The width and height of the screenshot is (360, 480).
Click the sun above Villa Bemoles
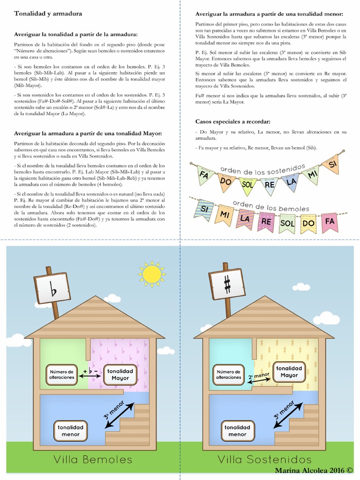point(151,274)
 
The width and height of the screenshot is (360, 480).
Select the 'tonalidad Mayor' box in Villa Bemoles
point(120,375)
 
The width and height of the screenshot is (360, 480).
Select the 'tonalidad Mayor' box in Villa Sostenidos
point(289,371)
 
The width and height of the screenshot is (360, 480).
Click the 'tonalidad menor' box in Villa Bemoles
point(71,431)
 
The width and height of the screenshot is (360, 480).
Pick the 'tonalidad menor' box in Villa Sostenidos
point(238,431)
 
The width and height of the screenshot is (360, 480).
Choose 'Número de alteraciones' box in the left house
point(61,375)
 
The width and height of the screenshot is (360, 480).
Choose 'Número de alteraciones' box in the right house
point(229,375)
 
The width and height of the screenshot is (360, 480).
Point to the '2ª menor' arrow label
point(259,376)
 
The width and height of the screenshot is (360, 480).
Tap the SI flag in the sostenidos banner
point(332,165)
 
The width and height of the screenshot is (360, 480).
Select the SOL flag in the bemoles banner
point(287,223)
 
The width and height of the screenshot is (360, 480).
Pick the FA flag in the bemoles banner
point(330,222)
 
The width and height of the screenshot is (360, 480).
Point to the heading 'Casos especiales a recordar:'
point(232,121)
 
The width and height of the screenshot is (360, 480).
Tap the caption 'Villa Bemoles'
point(92,459)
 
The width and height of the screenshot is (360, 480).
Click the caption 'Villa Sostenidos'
point(264,459)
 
